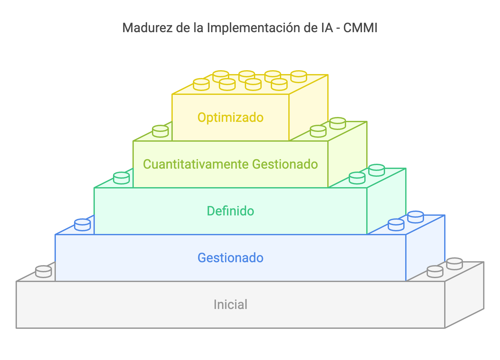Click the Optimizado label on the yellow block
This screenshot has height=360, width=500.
click(x=230, y=117)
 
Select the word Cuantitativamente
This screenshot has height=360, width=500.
click(x=196, y=164)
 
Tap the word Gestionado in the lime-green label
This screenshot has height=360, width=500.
click(x=285, y=164)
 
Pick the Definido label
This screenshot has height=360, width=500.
click(x=230, y=211)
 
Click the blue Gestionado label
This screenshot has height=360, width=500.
click(x=230, y=258)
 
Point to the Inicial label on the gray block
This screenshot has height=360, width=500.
click(x=230, y=304)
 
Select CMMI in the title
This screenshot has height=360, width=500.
click(x=360, y=28)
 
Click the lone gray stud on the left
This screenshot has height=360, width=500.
click(x=44, y=271)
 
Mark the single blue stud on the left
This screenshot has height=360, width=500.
click(x=82, y=225)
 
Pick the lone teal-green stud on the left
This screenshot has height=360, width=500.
click(x=121, y=178)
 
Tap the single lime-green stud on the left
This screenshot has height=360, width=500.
click(x=160, y=131)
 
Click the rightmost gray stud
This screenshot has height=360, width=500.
click(x=455, y=264)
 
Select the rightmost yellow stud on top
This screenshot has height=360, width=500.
click(x=299, y=76)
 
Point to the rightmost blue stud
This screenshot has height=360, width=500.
click(x=416, y=217)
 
